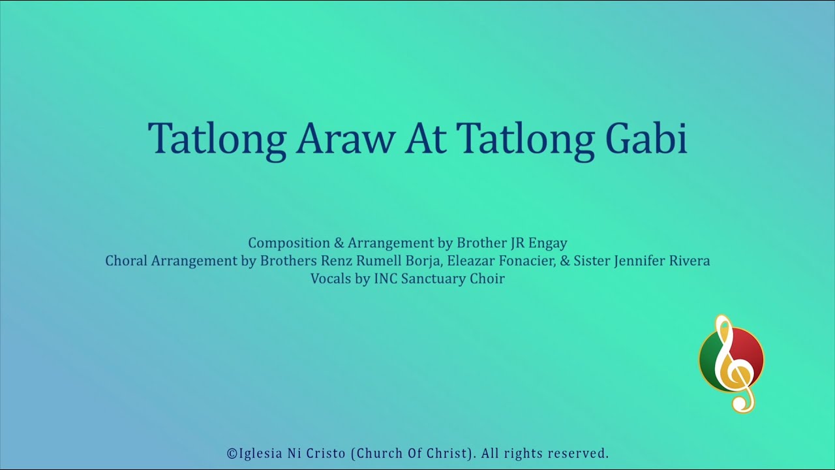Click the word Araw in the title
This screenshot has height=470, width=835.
click(345, 138)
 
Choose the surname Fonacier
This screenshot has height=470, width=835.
click(530, 261)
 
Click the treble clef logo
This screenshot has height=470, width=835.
click(731, 363)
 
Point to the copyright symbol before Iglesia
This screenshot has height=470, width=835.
click(232, 453)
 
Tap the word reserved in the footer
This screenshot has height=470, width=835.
click(578, 453)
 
